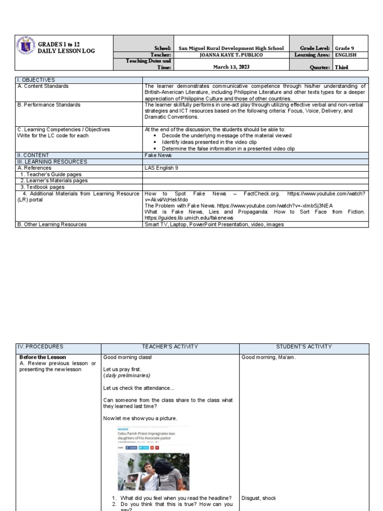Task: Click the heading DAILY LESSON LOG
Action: click(x=66, y=51)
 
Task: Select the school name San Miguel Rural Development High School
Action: click(x=231, y=48)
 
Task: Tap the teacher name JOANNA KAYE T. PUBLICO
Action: click(x=231, y=55)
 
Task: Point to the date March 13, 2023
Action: click(x=231, y=67)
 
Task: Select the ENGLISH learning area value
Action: click(x=346, y=55)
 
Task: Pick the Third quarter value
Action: click(x=342, y=67)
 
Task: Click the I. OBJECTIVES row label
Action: click(x=36, y=80)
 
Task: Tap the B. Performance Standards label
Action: click(x=49, y=105)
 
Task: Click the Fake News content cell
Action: click(x=158, y=155)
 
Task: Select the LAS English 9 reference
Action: click(x=161, y=168)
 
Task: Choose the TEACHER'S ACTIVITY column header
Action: click(x=170, y=346)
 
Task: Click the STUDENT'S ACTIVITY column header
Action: click(x=304, y=346)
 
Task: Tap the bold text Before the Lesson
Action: click(x=42, y=357)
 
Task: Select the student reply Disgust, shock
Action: click(x=259, y=498)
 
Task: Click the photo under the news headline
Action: click(x=150, y=471)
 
